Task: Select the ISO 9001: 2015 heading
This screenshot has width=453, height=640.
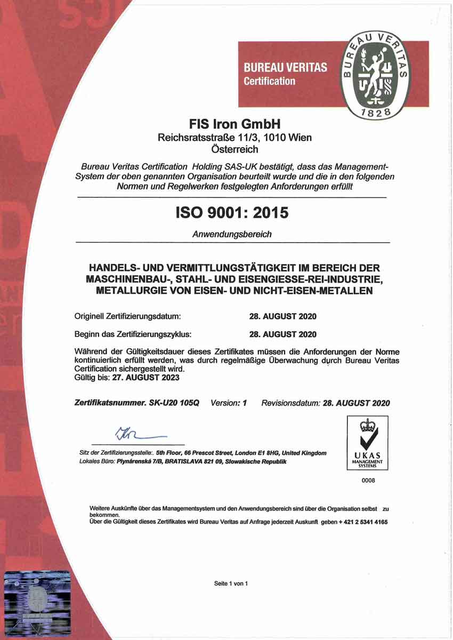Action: point(232,212)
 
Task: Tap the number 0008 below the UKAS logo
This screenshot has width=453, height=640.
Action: point(368,481)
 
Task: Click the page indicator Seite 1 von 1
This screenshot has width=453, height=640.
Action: point(231,583)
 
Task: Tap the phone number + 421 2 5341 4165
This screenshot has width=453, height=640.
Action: point(363,522)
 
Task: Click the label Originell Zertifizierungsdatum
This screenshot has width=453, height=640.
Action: point(128,316)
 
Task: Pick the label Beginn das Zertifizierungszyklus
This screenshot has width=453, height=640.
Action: point(133,334)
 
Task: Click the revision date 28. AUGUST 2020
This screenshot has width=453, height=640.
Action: point(357,403)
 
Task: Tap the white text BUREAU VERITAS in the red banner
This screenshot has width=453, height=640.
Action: point(285,68)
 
